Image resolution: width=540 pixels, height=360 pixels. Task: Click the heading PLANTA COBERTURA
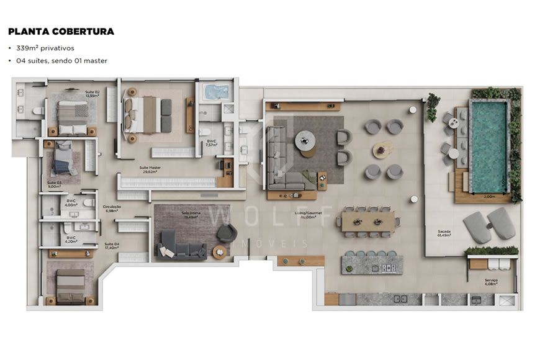[61, 31]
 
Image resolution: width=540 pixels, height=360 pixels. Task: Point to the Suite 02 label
[92, 94]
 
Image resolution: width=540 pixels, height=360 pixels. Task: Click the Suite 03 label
[54, 184]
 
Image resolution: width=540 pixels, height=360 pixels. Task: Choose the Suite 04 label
[112, 246]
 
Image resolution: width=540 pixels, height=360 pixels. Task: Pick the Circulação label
[112, 208]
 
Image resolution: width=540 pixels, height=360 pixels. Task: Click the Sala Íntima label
[190, 215]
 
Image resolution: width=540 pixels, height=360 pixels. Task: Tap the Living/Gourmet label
[308, 215]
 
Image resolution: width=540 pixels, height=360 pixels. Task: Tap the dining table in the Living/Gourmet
[367, 220]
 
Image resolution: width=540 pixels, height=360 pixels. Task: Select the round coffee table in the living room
[305, 138]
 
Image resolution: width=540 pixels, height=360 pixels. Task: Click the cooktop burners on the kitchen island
[389, 268]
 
